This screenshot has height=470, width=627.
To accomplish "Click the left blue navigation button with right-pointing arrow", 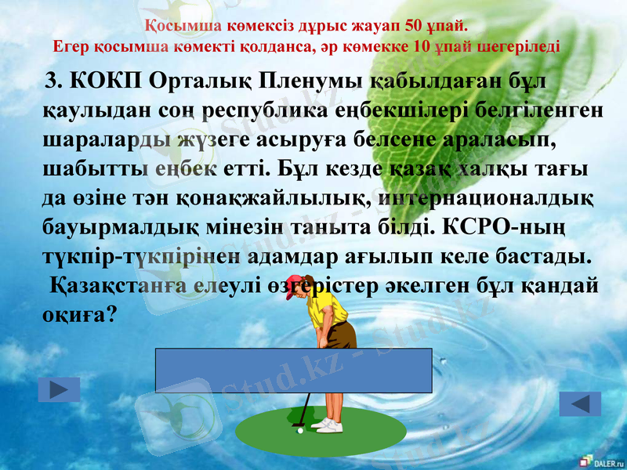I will click(x=59, y=389).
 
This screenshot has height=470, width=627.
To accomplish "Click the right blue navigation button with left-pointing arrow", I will click(x=580, y=403).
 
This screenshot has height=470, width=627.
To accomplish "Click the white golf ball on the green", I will click(x=300, y=430).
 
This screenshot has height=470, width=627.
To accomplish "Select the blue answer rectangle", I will click(x=294, y=370).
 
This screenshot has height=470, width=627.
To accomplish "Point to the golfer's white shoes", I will click(x=328, y=425).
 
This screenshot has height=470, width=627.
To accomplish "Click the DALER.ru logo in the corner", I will click(x=600, y=461).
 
